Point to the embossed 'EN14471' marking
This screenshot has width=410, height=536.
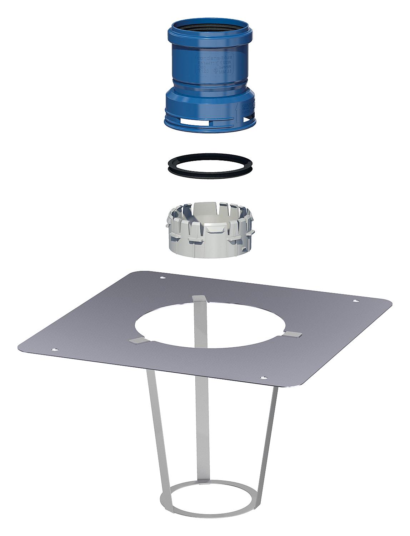[206, 63]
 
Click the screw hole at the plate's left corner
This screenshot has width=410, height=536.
[54, 349]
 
